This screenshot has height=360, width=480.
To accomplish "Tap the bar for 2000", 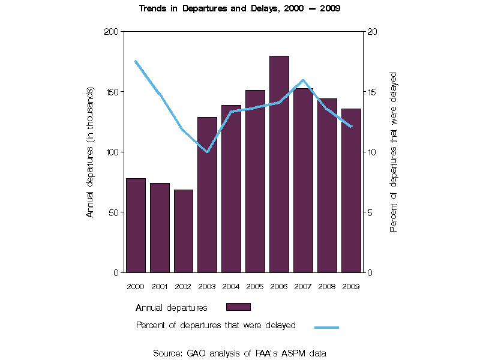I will pos(136,225).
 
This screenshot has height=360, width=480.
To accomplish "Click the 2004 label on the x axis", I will pos(231,286).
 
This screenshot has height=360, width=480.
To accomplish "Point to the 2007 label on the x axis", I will pos(303,286).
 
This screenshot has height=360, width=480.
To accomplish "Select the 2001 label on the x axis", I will pos(160,286).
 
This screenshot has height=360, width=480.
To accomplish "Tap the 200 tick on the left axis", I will pos(112,31).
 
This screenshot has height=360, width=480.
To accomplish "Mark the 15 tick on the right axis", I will pos(372,92).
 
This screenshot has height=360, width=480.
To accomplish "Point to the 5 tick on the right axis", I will pos(370,212).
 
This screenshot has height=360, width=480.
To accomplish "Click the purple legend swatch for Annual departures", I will pos(238,307).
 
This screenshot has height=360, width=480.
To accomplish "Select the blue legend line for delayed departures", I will pos(327,327).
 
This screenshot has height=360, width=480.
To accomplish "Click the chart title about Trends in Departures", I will pos(239,9).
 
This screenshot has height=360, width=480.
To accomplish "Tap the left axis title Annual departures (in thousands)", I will pos(90,152).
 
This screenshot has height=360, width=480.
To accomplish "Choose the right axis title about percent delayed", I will pos(394,152).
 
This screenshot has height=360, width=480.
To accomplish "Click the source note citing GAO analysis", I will pos(239,353).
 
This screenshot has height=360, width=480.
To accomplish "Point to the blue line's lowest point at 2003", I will pos(207,152).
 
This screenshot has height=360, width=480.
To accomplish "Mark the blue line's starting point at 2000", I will pos(136,61).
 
